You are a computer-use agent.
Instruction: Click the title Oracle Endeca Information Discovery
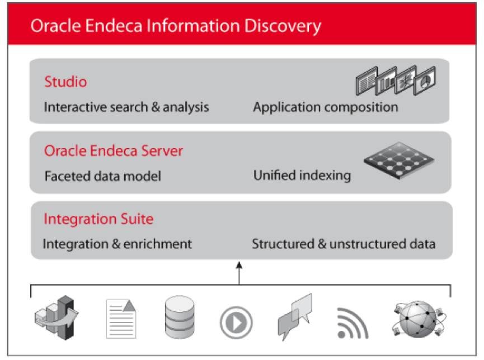[176, 26]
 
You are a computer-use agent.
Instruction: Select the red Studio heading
[65, 82]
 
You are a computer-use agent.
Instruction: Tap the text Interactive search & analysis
[126, 107]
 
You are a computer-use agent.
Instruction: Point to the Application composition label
[326, 107]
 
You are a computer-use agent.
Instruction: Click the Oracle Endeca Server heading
[114, 151]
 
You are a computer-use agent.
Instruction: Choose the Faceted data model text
[102, 176]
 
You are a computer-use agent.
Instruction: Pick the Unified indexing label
[302, 176]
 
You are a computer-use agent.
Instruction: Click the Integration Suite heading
[98, 219]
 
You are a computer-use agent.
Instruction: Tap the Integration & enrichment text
[118, 244]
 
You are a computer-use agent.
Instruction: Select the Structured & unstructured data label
[344, 244]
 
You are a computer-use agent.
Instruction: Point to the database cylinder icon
[180, 316]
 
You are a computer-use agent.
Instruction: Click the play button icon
[236, 322]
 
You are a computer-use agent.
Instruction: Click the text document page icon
[121, 318]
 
